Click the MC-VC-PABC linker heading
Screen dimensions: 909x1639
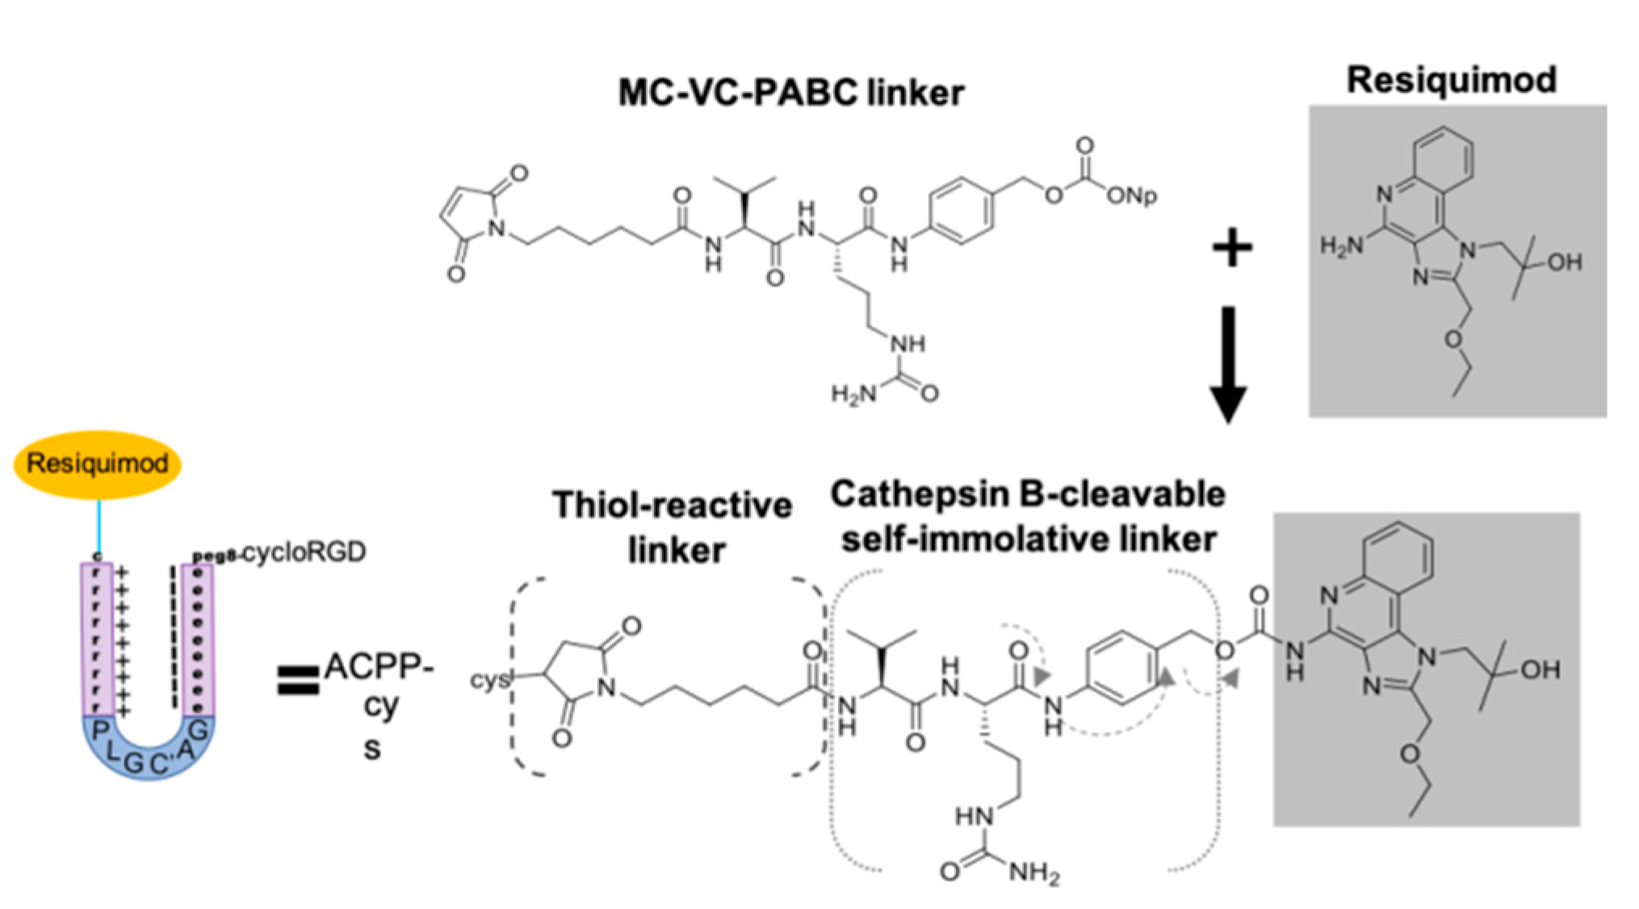[x=790, y=93]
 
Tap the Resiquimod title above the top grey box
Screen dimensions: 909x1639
[x=1451, y=80]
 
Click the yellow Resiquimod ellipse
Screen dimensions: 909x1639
[x=97, y=464]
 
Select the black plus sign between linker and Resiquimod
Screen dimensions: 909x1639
[x=1232, y=248]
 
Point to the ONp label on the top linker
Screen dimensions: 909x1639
[x=1131, y=196]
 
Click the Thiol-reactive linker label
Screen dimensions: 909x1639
[x=673, y=527]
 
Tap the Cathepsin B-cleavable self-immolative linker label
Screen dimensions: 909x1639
[x=1027, y=517]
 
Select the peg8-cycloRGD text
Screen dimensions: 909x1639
[x=279, y=553]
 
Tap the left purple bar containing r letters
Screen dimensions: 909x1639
[x=97, y=638]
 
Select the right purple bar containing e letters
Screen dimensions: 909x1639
[x=199, y=638]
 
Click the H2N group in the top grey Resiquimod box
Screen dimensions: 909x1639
[x=1341, y=246]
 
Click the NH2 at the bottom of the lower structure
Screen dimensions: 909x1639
[x=1033, y=873]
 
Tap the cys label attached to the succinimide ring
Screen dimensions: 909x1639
[x=490, y=680]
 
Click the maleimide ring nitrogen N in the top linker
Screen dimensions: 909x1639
[x=497, y=229]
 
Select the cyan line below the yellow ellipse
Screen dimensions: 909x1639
[x=99, y=525]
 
